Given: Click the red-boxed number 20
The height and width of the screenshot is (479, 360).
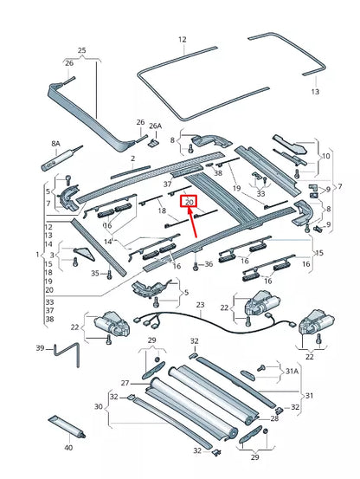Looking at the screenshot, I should point(190,201).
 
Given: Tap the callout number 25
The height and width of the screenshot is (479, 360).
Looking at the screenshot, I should point(82,51).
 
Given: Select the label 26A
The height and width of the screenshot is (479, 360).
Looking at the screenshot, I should point(155,126).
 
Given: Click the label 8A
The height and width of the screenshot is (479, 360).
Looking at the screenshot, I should point(55,143).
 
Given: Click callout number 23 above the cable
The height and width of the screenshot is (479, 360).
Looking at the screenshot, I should point(199,305).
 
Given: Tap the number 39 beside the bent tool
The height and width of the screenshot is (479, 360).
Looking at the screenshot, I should point(40,348).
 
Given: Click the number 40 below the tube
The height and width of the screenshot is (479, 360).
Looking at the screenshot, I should point(69,448).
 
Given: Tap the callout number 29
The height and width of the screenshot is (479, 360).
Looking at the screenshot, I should point(254,456).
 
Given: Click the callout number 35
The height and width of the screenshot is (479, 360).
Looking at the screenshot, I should point(94,273).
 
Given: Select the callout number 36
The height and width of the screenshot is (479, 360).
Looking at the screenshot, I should point(209,263).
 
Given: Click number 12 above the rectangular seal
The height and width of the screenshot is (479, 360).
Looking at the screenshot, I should point(183,39).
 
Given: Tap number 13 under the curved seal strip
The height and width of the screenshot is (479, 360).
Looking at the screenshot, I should point(315,91).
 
